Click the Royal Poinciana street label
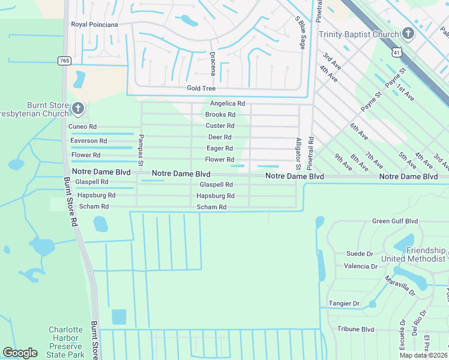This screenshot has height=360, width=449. coord(94,25)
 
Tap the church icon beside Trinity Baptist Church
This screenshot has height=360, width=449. coord(408,34)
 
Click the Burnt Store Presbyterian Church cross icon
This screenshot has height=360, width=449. coord(78,109)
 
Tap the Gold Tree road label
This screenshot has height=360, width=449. coord(201,88)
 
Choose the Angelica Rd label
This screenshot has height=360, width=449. coord(227,103)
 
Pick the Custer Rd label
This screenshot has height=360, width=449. coord(220,126)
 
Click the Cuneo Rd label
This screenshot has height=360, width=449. coord(83,127)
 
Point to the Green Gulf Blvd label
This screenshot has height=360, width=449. coord(394,221)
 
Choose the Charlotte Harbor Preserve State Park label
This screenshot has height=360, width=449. coord(66,342)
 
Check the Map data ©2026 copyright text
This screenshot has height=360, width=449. coord(423,355)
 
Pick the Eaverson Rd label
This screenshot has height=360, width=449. coord(89,141)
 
